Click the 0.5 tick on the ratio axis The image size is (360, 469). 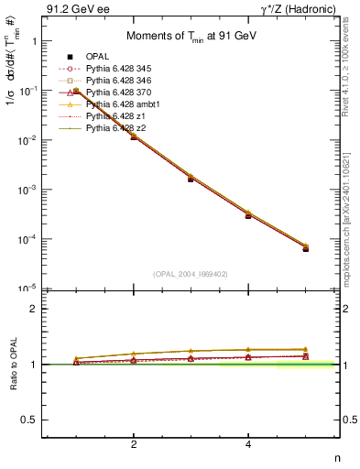30,420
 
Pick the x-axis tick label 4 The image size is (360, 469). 248,444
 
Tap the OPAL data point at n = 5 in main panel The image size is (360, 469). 305,249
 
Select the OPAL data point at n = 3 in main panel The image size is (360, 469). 191,179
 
